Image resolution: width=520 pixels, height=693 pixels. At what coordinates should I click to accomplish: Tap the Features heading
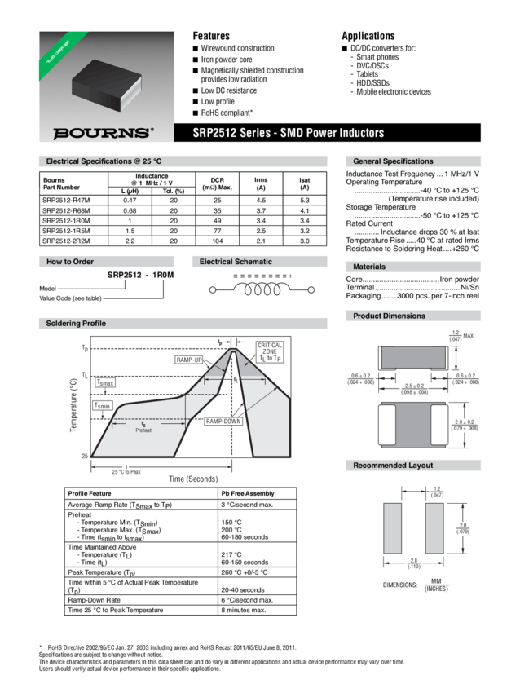210,36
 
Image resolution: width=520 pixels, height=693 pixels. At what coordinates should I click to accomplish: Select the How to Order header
72,262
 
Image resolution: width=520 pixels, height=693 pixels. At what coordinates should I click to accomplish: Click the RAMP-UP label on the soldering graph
188,360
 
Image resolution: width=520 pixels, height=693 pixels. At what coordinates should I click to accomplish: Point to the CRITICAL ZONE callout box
270,351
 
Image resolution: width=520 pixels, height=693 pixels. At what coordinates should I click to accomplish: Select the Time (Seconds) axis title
193,479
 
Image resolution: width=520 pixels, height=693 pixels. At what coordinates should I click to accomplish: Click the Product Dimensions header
389,316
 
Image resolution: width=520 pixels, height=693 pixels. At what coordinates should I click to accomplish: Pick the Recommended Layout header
392,466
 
